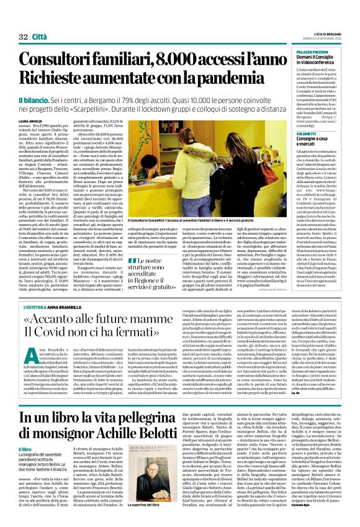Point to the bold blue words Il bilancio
(x=36, y=101)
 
